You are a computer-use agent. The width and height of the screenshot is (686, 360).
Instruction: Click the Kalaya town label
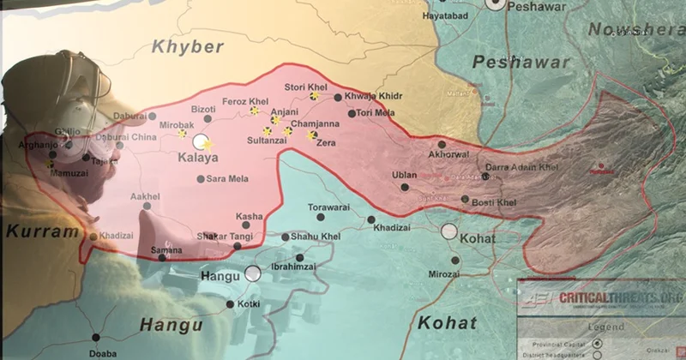197,158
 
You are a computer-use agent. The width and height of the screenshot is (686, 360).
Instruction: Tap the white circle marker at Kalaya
202,141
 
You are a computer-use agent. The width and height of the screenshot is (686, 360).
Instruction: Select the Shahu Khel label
316,237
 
